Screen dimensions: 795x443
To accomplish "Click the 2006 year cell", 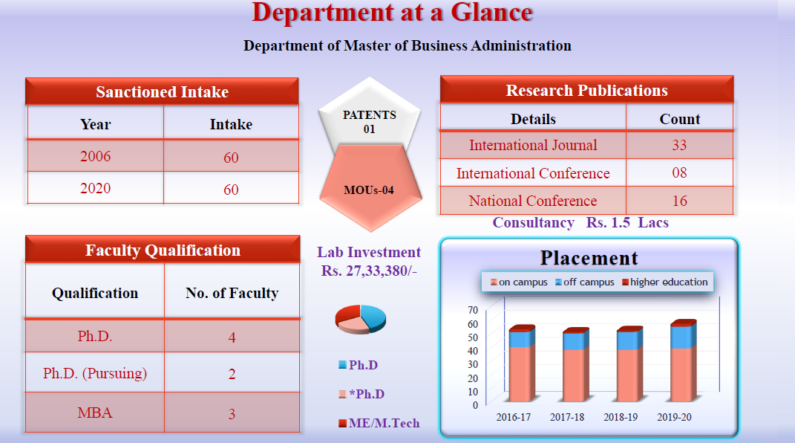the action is [95, 156].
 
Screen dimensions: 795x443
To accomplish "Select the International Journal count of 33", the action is [679, 145].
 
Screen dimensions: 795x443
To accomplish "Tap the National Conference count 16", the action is [679, 201].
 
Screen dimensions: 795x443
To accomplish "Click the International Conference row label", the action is [533, 173].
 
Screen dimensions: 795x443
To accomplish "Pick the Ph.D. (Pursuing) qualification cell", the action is [95, 373].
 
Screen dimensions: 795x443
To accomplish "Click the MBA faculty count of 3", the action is [232, 413].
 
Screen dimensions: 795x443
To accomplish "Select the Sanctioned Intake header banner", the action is [163, 91].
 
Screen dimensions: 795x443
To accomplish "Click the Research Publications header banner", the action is [586, 90].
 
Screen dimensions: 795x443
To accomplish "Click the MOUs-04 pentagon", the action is [370, 189].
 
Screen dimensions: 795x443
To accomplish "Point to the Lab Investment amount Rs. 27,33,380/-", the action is [369, 271].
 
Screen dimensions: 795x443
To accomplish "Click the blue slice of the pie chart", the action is [372, 317].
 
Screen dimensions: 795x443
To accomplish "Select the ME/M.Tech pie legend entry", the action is [379, 423].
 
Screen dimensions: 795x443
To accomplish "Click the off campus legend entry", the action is [585, 282].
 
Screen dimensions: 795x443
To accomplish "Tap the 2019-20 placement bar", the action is [683, 360].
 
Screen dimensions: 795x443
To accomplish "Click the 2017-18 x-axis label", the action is [567, 417].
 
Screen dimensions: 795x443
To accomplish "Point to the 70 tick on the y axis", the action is [473, 310].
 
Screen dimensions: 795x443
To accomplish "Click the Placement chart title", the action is [589, 258].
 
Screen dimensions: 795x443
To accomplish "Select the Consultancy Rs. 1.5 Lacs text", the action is [580, 222].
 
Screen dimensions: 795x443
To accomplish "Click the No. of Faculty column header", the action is [232, 293].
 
